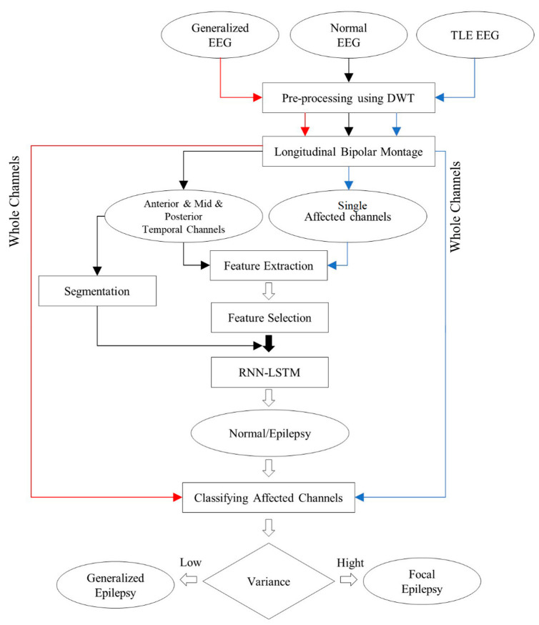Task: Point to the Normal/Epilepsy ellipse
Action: pyautogui.click(x=268, y=433)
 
